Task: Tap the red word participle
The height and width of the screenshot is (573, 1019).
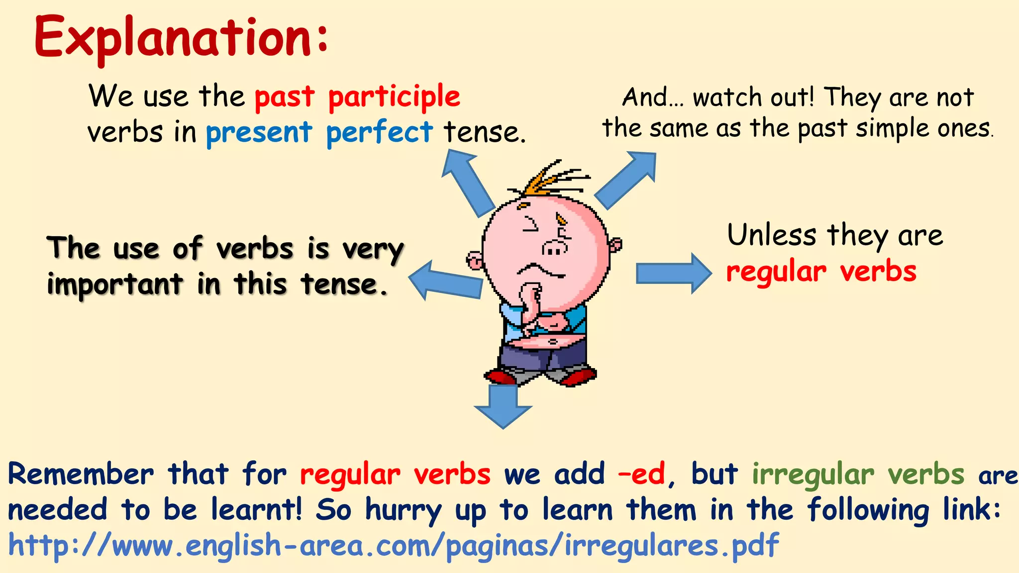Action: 394,97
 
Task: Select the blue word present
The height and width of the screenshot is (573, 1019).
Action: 259,133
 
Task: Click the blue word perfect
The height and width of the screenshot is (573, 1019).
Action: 379,133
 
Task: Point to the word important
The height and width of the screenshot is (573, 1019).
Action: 115,285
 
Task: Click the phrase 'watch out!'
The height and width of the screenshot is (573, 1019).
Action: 753,97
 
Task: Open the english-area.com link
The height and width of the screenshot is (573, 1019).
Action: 393,545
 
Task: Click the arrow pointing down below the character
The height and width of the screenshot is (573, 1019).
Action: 503,405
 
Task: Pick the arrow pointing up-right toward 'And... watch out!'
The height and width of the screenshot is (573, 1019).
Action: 627,179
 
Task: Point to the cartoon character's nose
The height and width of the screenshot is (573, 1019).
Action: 554,247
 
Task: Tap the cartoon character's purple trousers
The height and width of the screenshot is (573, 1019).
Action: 542,358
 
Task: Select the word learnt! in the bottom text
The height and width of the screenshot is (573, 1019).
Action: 256,509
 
